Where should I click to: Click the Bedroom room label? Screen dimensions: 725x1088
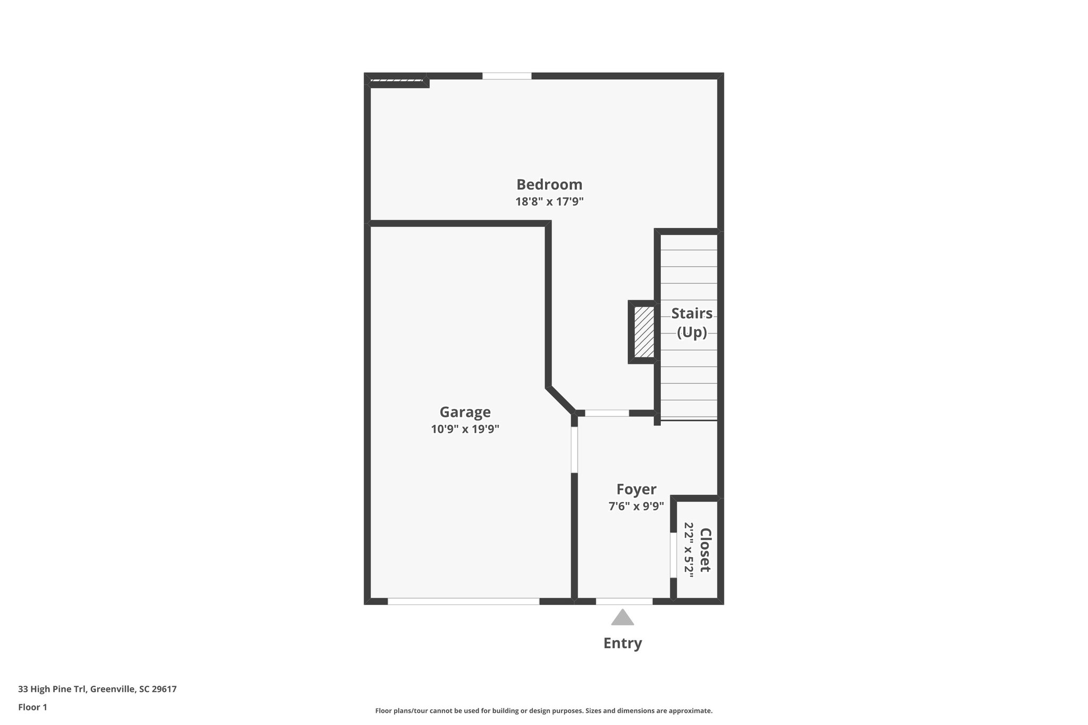pyautogui.click(x=549, y=184)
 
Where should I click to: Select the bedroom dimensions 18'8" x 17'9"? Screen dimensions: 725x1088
pyautogui.click(x=549, y=202)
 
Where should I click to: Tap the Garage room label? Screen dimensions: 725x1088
pyautogui.click(x=465, y=412)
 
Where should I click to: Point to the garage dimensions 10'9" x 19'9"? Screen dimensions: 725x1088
pyautogui.click(x=465, y=429)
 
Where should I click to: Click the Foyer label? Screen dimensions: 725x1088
pyautogui.click(x=636, y=489)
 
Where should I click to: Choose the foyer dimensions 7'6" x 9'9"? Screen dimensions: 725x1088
pyautogui.click(x=636, y=506)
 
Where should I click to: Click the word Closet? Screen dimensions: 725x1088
pyautogui.click(x=705, y=550)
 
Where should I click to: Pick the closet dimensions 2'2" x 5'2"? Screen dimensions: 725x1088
pyautogui.click(x=689, y=550)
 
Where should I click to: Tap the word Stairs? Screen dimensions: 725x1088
pyautogui.click(x=692, y=313)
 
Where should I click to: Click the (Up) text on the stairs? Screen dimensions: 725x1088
pyautogui.click(x=692, y=332)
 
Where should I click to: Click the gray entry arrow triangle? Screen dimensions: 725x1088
pyautogui.click(x=623, y=618)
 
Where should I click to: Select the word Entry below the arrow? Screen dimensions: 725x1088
pyautogui.click(x=623, y=643)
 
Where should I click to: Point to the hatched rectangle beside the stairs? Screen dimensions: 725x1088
pyautogui.click(x=644, y=332)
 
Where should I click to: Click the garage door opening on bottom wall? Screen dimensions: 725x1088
pyautogui.click(x=463, y=601)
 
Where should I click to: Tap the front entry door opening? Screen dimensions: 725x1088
pyautogui.click(x=624, y=601)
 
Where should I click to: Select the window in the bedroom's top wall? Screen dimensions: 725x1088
pyautogui.click(x=507, y=76)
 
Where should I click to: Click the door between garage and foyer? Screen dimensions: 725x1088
pyautogui.click(x=574, y=450)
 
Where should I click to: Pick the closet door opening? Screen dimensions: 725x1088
pyautogui.click(x=673, y=555)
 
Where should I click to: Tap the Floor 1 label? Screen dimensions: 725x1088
pyautogui.click(x=32, y=707)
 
